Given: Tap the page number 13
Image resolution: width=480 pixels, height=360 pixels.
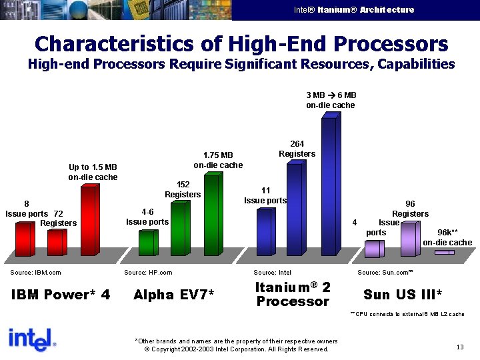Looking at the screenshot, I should coord(460,346).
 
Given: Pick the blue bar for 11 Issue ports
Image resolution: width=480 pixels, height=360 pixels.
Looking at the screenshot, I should coord(265,231).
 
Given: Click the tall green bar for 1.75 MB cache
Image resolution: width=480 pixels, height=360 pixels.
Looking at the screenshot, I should coord(211,213).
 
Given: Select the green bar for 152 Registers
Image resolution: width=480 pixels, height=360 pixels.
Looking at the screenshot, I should coord(178,228).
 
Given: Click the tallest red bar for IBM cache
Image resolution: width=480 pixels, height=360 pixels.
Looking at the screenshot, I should coord(89,219).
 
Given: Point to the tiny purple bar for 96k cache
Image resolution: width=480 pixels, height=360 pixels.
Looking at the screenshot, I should coord(444,253).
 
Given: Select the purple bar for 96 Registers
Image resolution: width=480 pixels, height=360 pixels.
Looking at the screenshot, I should coord(409,239).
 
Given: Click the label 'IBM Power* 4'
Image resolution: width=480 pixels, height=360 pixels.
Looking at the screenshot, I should coord(61,295).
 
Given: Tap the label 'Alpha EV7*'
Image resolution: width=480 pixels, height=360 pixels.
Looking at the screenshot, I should coord(173,295).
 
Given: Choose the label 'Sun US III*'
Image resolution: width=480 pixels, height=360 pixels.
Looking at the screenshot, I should coord(403,295).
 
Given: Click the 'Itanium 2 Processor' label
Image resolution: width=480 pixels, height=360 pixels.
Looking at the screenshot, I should coord(293,294).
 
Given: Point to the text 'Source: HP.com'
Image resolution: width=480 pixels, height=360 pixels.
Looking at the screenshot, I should coord(148,273).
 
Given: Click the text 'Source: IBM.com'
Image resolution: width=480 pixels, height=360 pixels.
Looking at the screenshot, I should coord(35,273).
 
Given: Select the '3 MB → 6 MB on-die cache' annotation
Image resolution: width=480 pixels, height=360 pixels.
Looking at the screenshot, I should coord(331,100).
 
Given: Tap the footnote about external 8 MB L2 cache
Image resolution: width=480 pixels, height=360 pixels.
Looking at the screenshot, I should coord(407,313).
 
